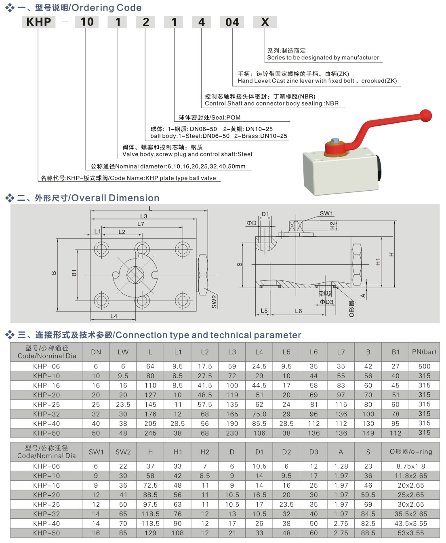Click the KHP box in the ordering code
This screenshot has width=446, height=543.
tap(38, 22)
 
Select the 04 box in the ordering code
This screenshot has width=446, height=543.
tap(232, 22)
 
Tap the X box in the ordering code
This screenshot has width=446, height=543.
tap(265, 22)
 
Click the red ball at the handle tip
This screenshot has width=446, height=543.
tap(425, 116)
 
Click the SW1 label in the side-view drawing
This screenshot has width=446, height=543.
tap(326, 213)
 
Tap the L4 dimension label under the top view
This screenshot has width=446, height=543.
tap(114, 316)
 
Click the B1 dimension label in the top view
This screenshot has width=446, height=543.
tap(74, 273)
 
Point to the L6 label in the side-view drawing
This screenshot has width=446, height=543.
tap(298, 311)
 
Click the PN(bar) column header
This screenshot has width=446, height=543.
tap(424, 352)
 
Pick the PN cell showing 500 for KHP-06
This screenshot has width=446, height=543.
tap(424, 366)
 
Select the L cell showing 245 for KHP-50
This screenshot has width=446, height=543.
tap(150, 433)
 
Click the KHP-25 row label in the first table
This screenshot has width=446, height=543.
tap(46, 404)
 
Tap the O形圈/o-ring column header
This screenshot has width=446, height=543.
tap(410, 452)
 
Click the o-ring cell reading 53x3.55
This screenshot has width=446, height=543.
tap(410, 533)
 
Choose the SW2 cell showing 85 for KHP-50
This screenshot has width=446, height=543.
tap(123, 533)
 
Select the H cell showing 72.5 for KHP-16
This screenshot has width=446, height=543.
tap(150, 485)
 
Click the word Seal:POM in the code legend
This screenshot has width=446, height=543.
tap(225, 118)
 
